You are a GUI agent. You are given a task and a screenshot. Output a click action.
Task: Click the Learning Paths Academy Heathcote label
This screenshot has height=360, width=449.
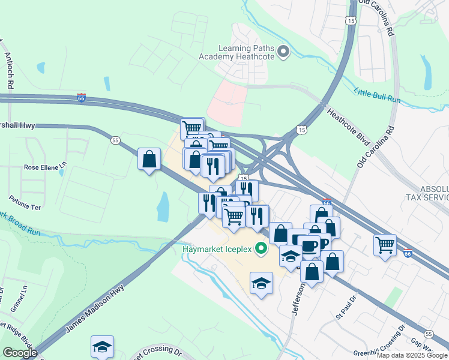(237, 51)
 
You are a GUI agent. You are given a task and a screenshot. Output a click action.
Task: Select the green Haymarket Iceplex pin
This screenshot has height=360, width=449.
(261, 247)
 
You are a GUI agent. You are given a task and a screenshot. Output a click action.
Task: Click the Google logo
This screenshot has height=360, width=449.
(20, 352)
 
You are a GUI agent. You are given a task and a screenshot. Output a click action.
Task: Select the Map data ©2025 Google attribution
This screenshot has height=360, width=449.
(412, 355)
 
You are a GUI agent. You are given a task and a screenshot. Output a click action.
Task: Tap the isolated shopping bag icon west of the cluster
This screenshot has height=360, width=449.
(149, 160)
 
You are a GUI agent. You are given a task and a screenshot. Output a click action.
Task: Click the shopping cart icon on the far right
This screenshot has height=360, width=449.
(385, 244)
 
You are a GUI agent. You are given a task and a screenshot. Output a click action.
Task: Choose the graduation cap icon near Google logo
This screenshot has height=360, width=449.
(102, 346)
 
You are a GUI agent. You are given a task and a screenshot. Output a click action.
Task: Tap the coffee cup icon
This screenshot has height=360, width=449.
(309, 245)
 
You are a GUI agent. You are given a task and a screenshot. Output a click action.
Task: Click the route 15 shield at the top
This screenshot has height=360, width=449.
(350, 20)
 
